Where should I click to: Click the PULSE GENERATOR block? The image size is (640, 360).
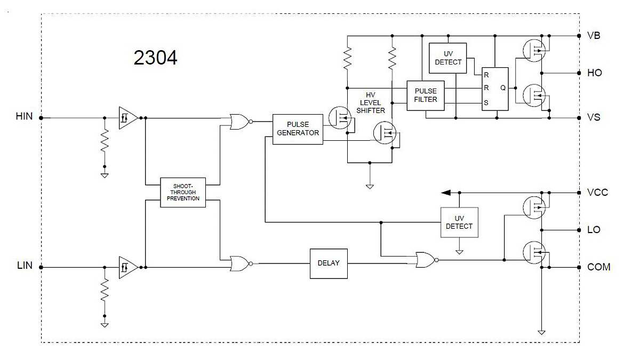[298, 129]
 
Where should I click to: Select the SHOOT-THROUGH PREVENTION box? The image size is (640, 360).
[183, 192]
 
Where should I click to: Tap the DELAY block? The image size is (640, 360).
[329, 263]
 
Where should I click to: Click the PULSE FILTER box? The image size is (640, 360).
[425, 95]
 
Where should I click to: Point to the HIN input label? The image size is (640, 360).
[25, 116]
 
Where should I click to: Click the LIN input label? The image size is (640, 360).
[25, 266]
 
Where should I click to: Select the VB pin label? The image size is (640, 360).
[594, 36]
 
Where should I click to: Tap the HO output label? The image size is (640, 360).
[594, 73]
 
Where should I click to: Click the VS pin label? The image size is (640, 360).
[594, 117]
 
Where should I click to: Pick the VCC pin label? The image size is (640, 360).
[597, 193]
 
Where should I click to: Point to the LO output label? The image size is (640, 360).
[594, 230]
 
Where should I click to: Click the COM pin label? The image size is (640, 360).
[598, 267]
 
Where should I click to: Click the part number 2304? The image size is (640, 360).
[155, 58]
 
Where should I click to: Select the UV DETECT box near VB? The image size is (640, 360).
[448, 58]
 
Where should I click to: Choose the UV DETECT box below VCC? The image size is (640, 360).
[459, 222]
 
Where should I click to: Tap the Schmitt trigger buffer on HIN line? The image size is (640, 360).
[127, 117]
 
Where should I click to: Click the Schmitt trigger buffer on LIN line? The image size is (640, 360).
[127, 267]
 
